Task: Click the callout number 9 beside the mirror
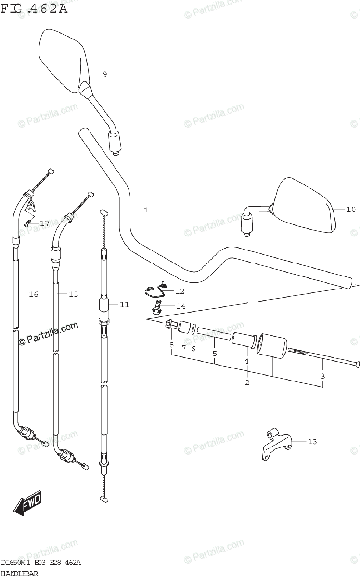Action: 104,74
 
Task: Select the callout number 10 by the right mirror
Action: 350,209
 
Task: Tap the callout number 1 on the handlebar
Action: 145,210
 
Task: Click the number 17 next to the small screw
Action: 44,223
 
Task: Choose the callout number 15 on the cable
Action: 73,294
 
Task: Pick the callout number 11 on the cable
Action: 125,304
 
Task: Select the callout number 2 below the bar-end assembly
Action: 247,382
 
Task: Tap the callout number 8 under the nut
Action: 171,345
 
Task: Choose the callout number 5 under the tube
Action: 215,354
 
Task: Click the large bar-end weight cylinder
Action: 272,345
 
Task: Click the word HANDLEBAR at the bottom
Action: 20,573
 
